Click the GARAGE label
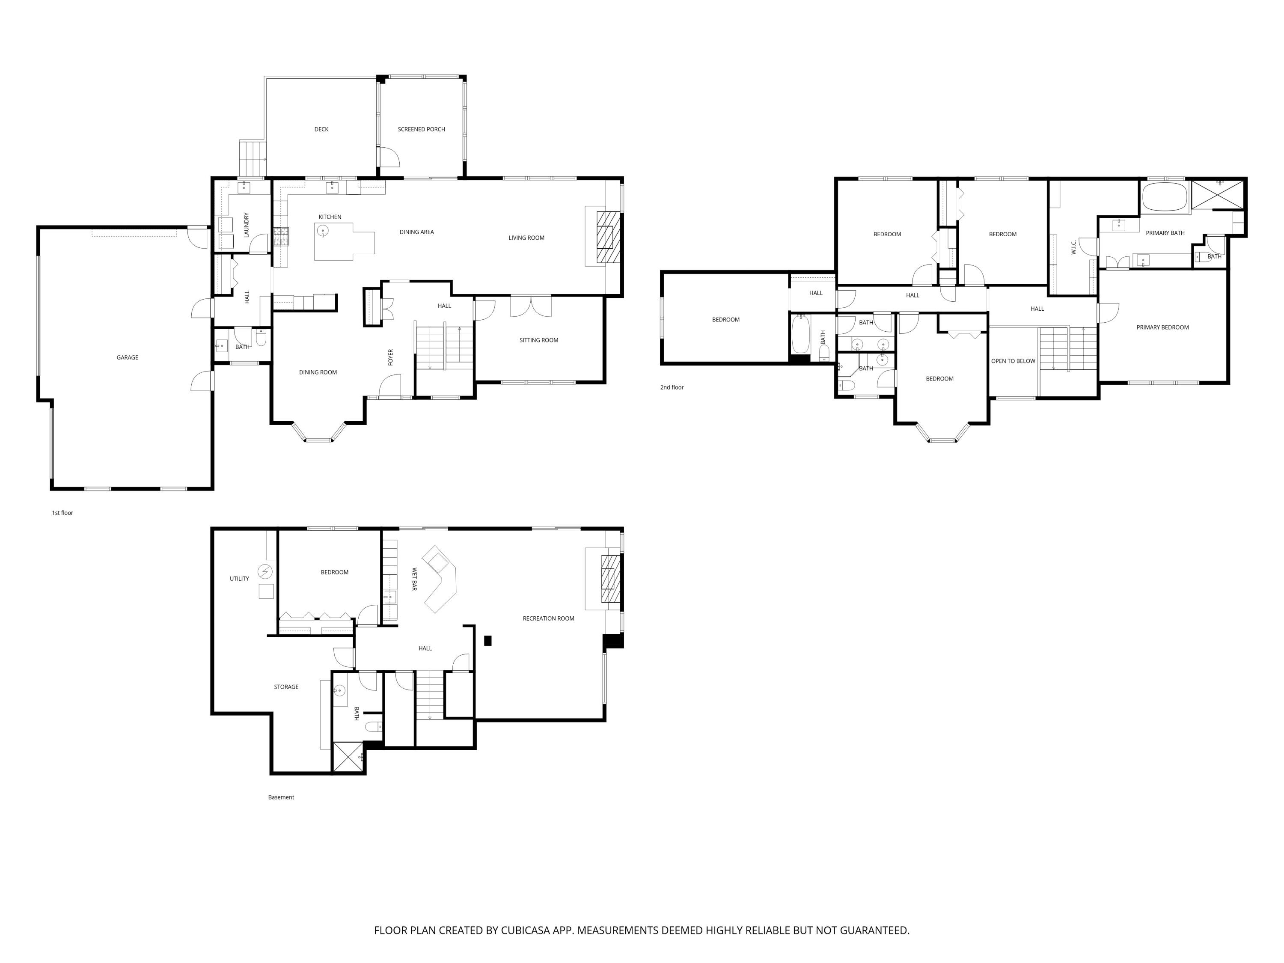pos(127,357)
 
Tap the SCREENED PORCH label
pos(422,129)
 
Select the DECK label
pos(321,129)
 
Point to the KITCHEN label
pos(330,217)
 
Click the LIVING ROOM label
pos(526,238)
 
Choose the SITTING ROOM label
pos(539,340)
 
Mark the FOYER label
pos(391,357)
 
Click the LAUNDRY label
pos(247,225)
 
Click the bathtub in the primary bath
pos(1165,197)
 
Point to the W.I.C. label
pos(1074,247)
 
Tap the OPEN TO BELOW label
pos(1013,361)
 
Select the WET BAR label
pos(414,580)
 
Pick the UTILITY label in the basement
pos(239,579)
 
